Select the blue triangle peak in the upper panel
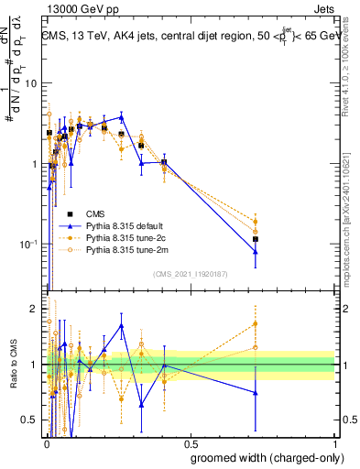coord(122,117)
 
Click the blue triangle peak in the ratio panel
coord(122,325)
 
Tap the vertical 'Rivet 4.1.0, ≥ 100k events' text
coord(345,69)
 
